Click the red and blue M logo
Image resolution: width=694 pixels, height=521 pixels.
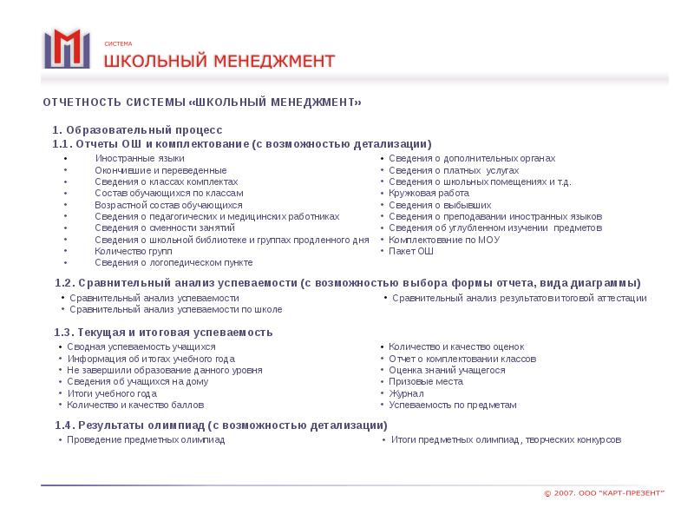(67, 49)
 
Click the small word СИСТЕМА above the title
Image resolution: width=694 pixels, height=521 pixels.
(118, 43)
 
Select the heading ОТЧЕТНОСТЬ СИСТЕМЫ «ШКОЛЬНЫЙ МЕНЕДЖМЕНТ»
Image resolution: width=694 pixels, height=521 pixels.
(202, 102)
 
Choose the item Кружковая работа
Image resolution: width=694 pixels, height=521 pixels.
(429, 193)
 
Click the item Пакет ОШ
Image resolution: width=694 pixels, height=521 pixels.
(411, 251)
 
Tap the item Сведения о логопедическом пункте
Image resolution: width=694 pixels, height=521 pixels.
(173, 261)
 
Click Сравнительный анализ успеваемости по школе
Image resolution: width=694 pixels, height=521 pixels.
(175, 309)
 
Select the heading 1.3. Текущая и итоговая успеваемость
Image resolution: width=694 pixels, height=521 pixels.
(163, 333)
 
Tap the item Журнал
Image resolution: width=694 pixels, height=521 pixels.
(405, 393)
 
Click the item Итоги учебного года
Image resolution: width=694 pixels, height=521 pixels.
(112, 393)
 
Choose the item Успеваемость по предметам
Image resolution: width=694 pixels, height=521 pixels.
(452, 405)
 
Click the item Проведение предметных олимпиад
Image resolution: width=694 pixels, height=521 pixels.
(147, 440)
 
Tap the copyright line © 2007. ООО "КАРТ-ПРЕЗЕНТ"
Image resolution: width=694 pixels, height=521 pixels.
(604, 493)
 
